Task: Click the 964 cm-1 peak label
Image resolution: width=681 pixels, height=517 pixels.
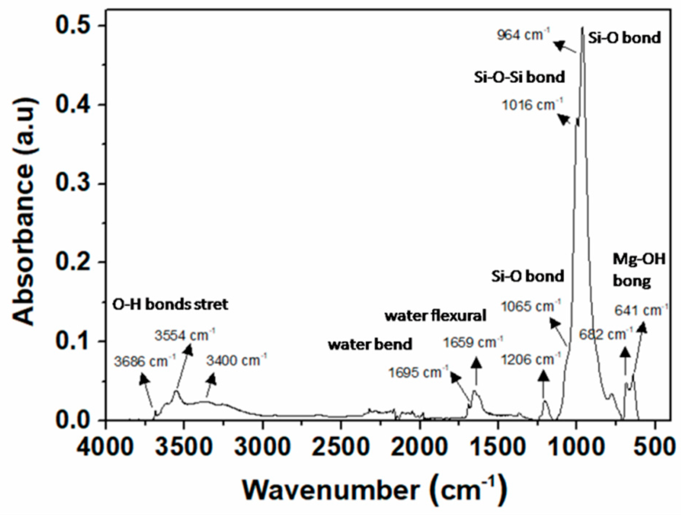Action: (x=523, y=36)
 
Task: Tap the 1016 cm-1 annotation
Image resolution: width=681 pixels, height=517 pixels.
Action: (x=532, y=105)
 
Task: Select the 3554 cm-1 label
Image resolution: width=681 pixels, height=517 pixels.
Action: (x=185, y=335)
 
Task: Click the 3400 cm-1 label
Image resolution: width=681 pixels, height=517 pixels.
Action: (x=237, y=360)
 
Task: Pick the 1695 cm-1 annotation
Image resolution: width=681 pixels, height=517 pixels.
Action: (x=419, y=372)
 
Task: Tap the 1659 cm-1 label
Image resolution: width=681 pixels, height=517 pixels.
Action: (x=473, y=343)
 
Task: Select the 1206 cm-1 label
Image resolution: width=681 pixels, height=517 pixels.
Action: (x=531, y=359)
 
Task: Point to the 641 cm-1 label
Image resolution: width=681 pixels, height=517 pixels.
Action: (x=641, y=311)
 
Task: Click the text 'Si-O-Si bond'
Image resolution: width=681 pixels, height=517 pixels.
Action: (x=519, y=77)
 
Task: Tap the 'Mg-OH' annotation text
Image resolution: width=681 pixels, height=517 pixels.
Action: (x=639, y=259)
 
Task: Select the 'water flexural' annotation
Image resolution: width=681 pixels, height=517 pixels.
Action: (x=435, y=316)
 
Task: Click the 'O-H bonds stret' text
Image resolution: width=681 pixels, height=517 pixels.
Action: (x=170, y=304)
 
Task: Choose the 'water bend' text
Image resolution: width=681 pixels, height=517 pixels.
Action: (x=370, y=345)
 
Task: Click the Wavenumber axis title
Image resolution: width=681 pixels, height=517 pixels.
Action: (x=374, y=490)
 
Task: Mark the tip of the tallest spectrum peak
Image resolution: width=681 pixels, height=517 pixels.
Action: (x=582, y=27)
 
